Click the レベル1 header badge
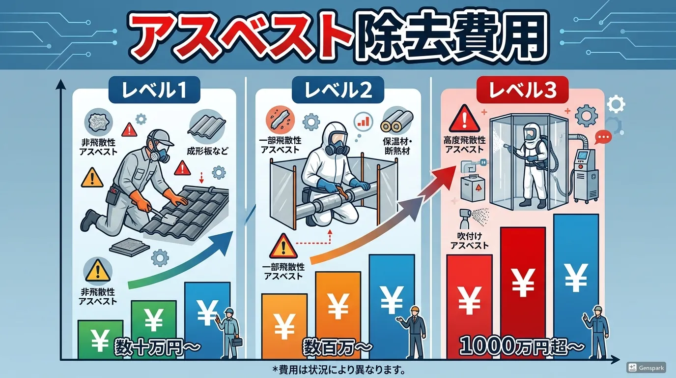coord(154,90)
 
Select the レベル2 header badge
coord(338,90)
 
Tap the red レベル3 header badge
coord(522,90)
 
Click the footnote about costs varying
coord(338,369)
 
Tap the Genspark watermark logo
coord(646,368)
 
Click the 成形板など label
coord(208,151)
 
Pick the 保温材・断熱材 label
coord(397,146)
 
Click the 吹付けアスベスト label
coord(469,241)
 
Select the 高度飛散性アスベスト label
coord(465,145)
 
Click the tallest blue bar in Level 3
coord(576,286)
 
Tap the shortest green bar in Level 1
coord(100,339)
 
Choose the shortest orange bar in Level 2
coord(284,326)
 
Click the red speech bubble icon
coord(603,137)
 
